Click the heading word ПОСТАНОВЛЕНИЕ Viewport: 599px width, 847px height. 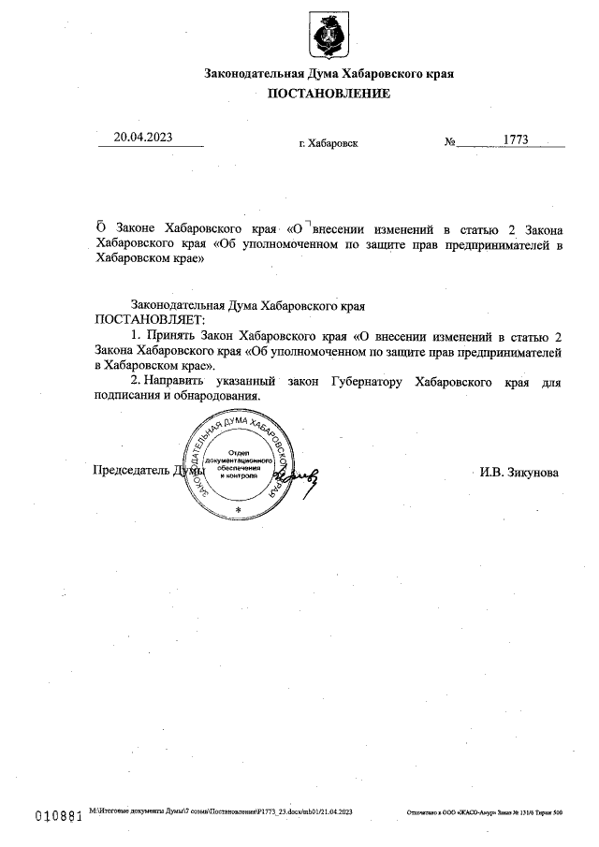pyautogui.click(x=329, y=94)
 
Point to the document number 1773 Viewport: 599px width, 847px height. pyautogui.click(x=516, y=139)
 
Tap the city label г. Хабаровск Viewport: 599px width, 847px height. pyautogui.click(x=328, y=144)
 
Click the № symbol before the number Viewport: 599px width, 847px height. pyautogui.click(x=450, y=142)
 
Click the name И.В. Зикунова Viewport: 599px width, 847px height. pyautogui.click(x=519, y=473)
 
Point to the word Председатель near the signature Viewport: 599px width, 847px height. pyautogui.click(x=131, y=471)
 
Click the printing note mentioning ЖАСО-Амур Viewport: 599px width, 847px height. pyautogui.click(x=484, y=814)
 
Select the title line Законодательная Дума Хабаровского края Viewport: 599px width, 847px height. pyautogui.click(x=329, y=74)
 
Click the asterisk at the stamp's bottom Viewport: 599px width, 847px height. pyautogui.click(x=238, y=509)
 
